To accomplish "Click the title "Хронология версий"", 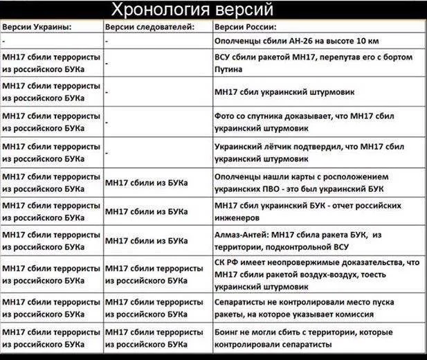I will pyautogui.click(x=193, y=10).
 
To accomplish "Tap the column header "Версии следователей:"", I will pyautogui.click(x=149, y=28).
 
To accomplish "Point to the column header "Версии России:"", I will pyautogui.click(x=246, y=28).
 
